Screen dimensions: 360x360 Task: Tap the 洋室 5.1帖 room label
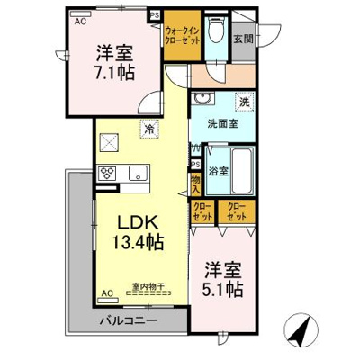(220, 279)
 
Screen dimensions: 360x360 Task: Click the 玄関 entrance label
(243, 39)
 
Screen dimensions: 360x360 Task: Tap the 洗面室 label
(220, 123)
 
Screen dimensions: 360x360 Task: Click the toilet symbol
(214, 31)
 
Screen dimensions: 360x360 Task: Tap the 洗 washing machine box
(244, 102)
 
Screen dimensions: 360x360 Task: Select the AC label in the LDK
(106, 293)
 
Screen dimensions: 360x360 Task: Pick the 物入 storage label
(196, 184)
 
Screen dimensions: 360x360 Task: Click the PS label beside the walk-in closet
(154, 15)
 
